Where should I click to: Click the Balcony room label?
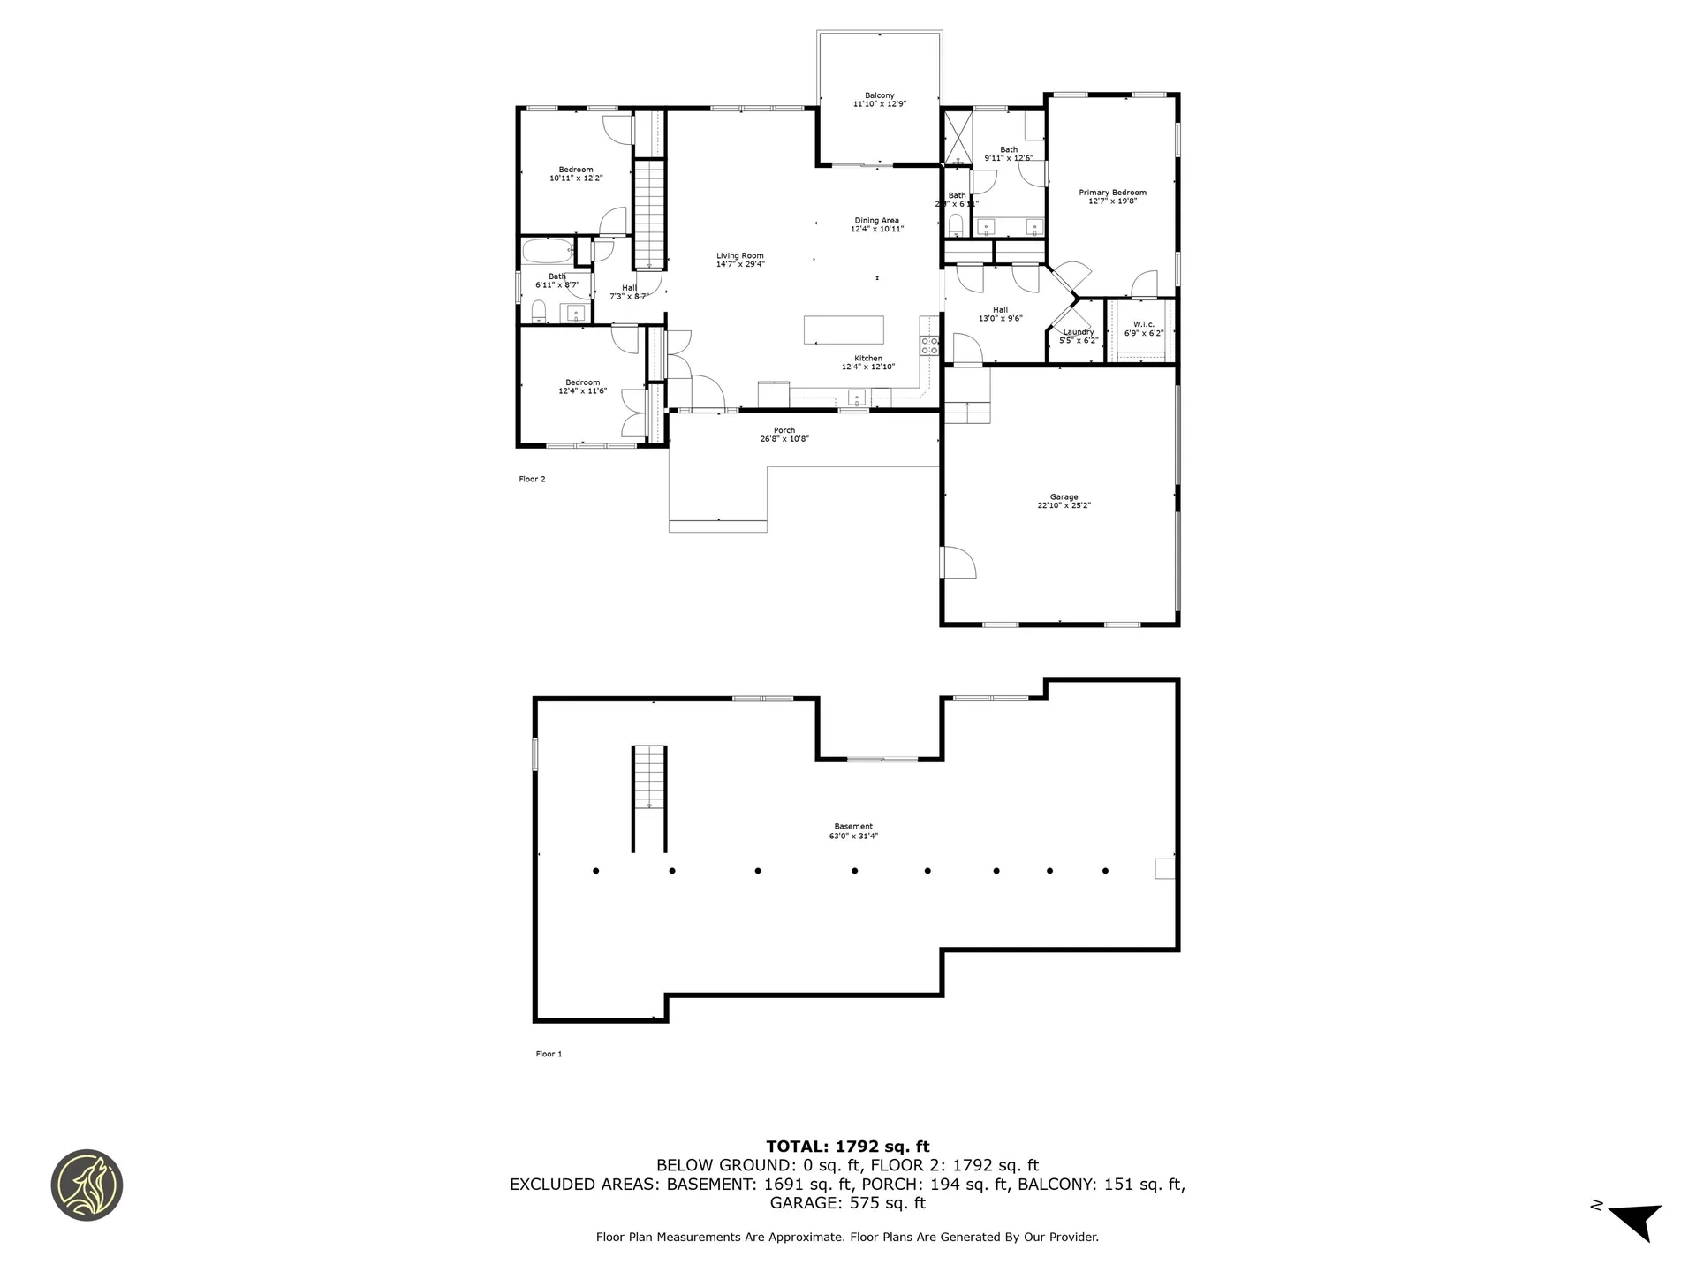pos(879,95)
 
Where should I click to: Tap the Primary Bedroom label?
pos(1112,193)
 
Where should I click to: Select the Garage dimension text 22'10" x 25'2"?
pos(1064,506)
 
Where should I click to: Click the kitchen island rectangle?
pos(844,329)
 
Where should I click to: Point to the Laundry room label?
pos(1078,332)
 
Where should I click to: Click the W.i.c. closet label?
pos(1143,325)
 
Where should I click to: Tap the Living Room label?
pos(739,256)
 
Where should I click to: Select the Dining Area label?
pos(876,221)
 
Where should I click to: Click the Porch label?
pos(784,431)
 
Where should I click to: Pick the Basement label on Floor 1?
pos(852,827)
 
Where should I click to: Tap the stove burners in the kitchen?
pos(929,345)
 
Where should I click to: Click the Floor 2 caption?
pos(532,480)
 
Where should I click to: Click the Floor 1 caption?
pos(549,1054)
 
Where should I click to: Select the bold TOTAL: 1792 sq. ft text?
pos(847,1147)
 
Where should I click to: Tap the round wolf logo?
pos(87,1185)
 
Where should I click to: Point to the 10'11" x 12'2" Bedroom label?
pos(576,170)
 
